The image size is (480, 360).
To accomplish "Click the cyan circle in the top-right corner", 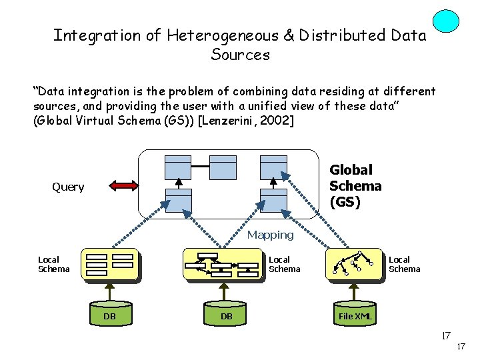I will (x=445, y=21).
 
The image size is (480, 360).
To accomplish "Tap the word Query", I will (x=68, y=187).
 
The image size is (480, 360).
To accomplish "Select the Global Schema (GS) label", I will (x=355, y=186).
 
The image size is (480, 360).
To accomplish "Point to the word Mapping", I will (x=270, y=235).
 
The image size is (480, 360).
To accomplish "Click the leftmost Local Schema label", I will (x=53, y=264).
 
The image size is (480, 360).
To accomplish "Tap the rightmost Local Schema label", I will (x=404, y=264).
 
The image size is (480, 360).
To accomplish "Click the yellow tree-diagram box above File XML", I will (x=354, y=264).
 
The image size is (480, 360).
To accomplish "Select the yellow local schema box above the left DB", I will (x=109, y=265).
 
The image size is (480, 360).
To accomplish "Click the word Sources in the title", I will (x=240, y=55).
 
